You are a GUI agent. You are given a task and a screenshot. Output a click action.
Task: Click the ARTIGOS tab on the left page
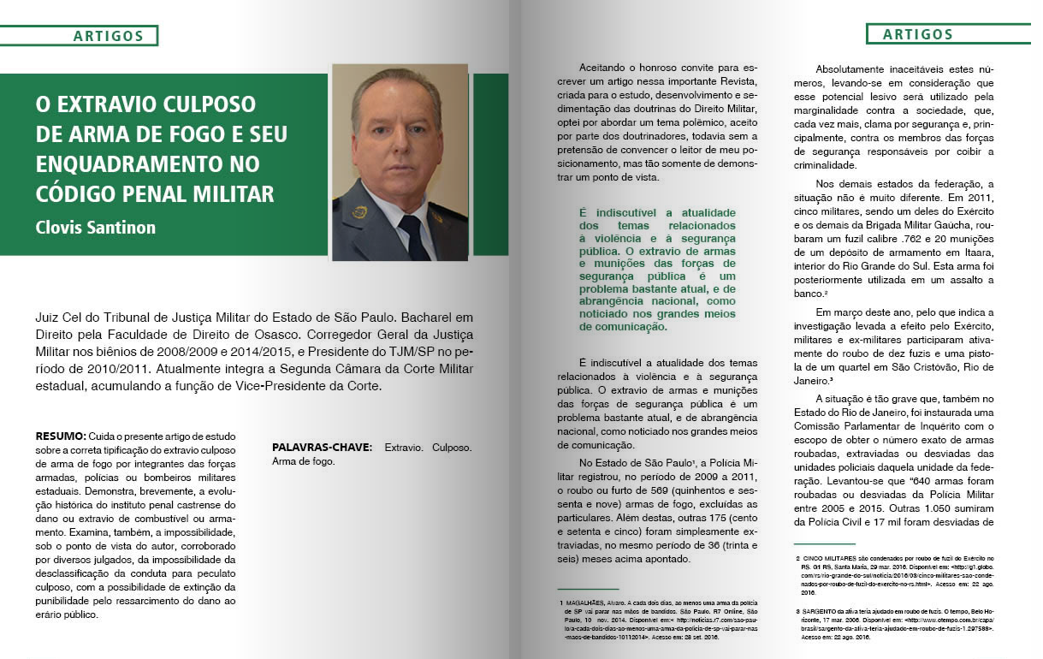pos(108,35)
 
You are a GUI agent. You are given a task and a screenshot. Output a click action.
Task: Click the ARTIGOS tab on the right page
pos(918,34)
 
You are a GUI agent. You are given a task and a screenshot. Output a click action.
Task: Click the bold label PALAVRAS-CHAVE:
pos(322,448)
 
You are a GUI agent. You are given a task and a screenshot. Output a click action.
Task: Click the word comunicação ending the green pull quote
pos(625,326)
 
